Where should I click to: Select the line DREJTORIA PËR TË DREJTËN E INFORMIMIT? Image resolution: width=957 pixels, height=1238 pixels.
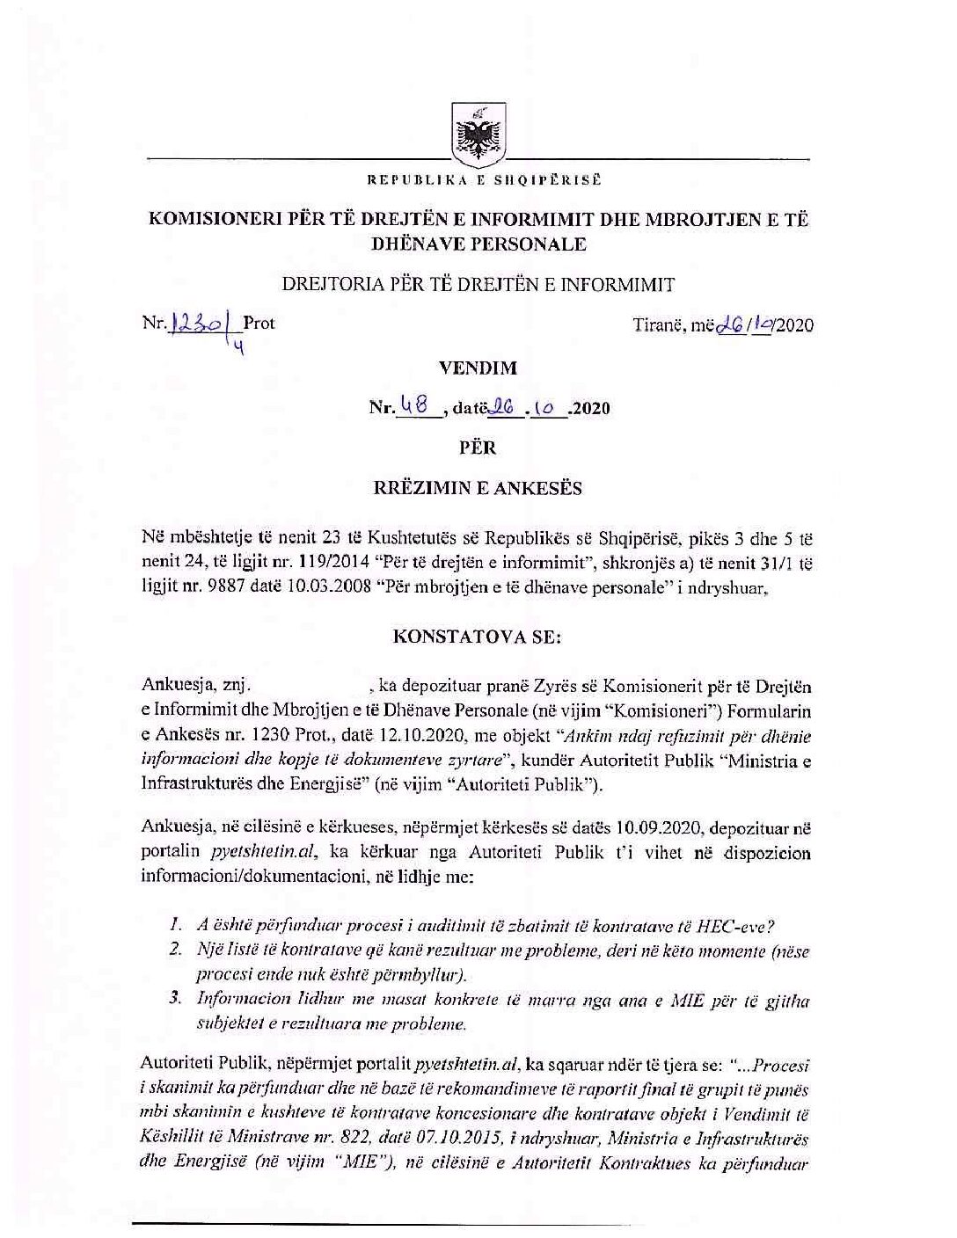tap(478, 285)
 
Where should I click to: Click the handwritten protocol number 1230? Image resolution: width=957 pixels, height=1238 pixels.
tap(192, 324)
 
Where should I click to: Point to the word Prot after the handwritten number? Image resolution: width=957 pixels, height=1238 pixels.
tap(259, 324)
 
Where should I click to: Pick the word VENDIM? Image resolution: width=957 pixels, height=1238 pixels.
tap(478, 368)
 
